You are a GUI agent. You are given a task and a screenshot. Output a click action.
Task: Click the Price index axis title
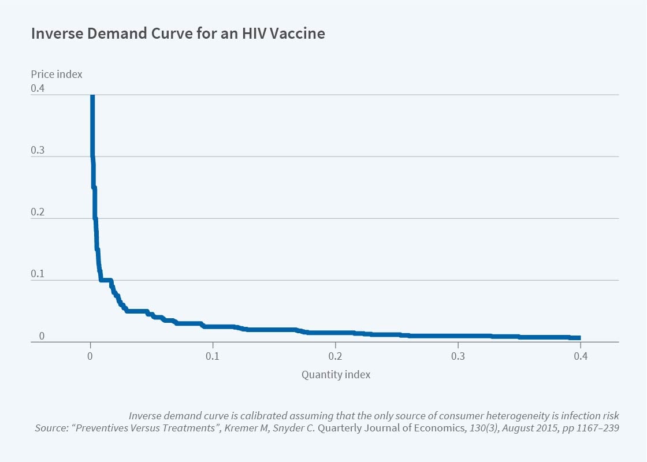(x=57, y=74)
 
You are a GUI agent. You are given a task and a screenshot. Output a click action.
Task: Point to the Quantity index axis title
(x=336, y=374)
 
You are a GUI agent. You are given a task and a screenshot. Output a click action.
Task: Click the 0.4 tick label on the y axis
(x=38, y=88)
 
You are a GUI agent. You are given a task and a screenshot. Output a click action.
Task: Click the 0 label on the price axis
(x=41, y=336)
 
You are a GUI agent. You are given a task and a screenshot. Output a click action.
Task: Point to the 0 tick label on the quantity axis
(x=90, y=356)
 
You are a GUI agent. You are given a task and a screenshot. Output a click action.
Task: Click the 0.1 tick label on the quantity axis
(x=213, y=356)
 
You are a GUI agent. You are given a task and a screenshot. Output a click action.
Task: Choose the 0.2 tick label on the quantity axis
(x=335, y=356)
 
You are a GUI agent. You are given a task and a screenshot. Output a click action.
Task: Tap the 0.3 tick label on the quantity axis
(x=458, y=356)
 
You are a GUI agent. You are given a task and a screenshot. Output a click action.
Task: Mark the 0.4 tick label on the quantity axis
(x=580, y=356)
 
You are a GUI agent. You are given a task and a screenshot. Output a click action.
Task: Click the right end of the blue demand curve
(x=579, y=338)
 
